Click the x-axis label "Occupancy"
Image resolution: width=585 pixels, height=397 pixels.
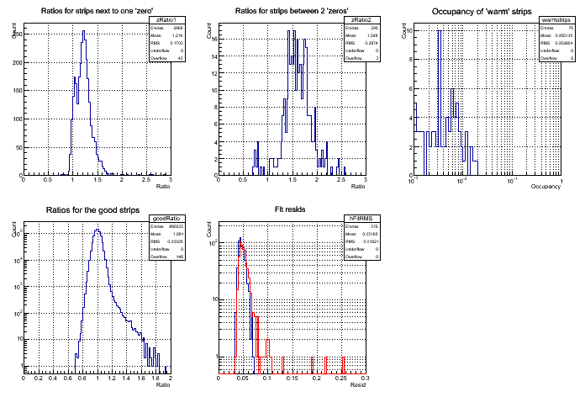click(x=546, y=185)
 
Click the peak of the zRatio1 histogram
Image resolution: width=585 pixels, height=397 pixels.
click(x=83, y=34)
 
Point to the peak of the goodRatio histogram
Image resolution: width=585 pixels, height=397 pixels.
click(x=97, y=230)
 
